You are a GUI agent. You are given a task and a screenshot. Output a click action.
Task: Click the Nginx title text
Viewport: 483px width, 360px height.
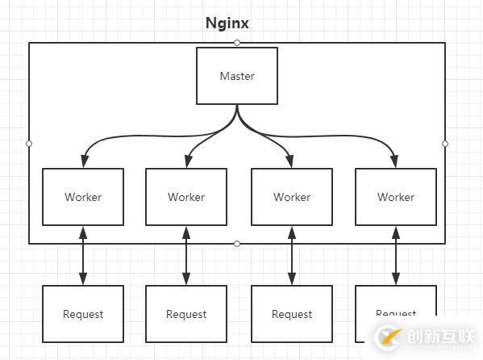(x=227, y=23)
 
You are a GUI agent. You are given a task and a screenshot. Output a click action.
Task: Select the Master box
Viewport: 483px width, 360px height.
(x=237, y=76)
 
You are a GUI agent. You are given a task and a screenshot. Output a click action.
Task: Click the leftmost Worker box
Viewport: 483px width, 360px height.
(x=83, y=197)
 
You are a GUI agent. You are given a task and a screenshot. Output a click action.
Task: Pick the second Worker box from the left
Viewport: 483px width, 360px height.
(x=186, y=197)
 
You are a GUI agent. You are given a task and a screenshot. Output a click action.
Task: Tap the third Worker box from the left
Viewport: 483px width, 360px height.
(x=292, y=197)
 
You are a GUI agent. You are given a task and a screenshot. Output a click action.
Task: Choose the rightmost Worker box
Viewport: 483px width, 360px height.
(x=395, y=197)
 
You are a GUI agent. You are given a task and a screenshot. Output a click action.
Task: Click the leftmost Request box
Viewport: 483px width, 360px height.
(x=83, y=314)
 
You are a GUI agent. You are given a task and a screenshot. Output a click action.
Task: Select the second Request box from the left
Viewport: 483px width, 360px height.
(x=186, y=314)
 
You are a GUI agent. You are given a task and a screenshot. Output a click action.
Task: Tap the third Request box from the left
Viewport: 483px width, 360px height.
(x=292, y=314)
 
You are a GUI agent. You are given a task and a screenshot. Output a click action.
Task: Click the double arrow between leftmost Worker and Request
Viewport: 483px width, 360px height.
(x=83, y=255)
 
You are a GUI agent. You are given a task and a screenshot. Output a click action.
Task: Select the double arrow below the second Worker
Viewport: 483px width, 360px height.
(x=186, y=255)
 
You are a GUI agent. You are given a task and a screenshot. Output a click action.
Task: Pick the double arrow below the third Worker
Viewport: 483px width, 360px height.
(x=292, y=255)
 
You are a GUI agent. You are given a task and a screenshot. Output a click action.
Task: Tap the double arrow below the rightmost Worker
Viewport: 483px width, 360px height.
(x=395, y=255)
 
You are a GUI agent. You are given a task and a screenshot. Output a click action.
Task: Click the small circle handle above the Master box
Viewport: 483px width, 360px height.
(x=237, y=42)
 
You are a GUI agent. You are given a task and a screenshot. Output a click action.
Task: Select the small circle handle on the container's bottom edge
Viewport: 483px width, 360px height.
(x=237, y=244)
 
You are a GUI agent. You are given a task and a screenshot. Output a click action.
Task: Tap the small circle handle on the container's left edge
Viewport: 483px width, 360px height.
(x=29, y=144)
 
